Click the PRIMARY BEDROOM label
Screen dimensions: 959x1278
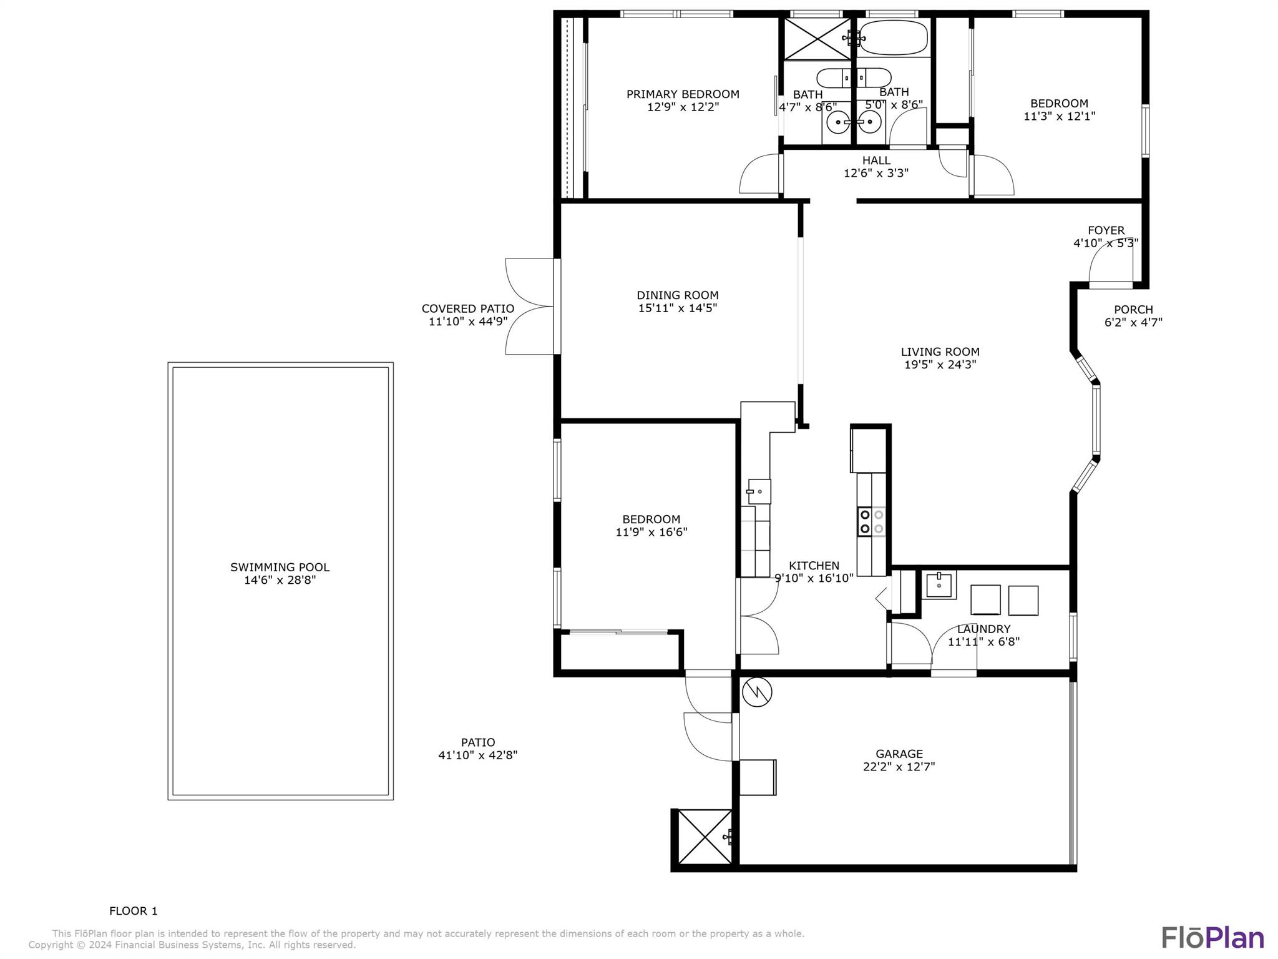683,94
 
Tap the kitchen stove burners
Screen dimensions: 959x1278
871,522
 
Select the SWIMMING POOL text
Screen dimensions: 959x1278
280,567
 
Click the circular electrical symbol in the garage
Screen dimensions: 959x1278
758,692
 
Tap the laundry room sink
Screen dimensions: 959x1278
939,585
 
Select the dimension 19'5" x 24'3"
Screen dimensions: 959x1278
940,365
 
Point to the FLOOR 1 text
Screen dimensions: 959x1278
134,911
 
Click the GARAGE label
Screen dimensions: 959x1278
899,754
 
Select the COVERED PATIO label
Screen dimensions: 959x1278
467,308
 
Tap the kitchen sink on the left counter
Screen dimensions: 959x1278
759,491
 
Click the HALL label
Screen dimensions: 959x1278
876,160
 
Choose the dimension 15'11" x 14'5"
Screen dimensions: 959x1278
677,308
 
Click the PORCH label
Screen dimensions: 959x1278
1133,310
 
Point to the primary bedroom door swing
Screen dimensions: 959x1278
759,176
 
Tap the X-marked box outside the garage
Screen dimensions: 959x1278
705,837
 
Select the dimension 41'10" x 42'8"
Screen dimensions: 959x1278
477,755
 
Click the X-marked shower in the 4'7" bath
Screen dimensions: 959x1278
816,39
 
